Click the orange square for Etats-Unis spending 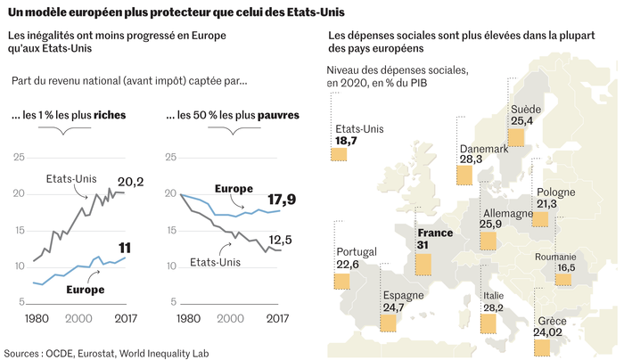pos(339,154)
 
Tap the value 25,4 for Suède pos(521,120)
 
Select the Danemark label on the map pos(483,149)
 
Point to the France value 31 pos(424,246)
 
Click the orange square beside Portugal pos(341,282)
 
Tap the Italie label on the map pos(493,295)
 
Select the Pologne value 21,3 pos(547,204)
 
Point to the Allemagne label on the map pos(507,214)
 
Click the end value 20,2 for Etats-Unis pos(131,183)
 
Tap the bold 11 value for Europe pos(126,249)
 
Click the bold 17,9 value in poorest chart pos(282,199)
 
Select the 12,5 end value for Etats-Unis pos(282,239)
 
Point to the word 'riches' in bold pos(109,115)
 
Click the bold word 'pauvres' pos(278,115)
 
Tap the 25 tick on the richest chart pos(17,158)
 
